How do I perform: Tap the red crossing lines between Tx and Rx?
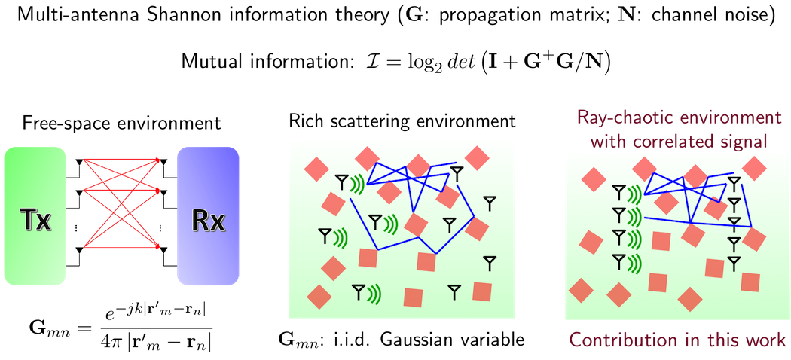121,203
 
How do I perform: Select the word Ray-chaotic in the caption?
615,118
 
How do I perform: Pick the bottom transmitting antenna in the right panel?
618,261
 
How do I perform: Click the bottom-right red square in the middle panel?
482,291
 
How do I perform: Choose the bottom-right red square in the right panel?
750,282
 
